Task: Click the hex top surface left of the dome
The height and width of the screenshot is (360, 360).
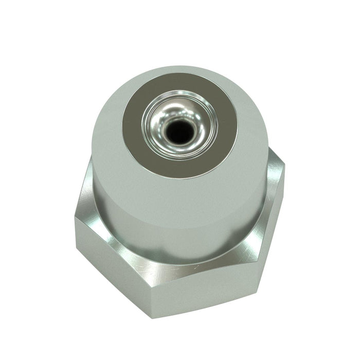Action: click(x=87, y=206)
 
